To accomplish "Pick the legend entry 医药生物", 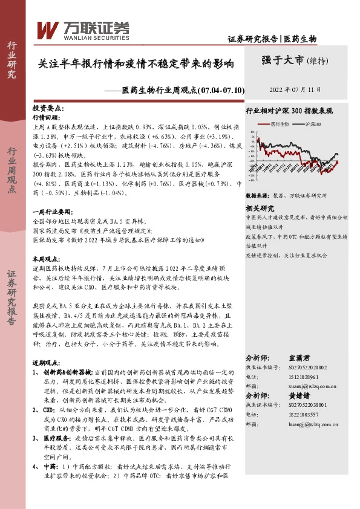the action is [280, 123].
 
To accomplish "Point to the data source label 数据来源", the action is [257, 196].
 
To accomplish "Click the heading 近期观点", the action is [48, 364].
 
